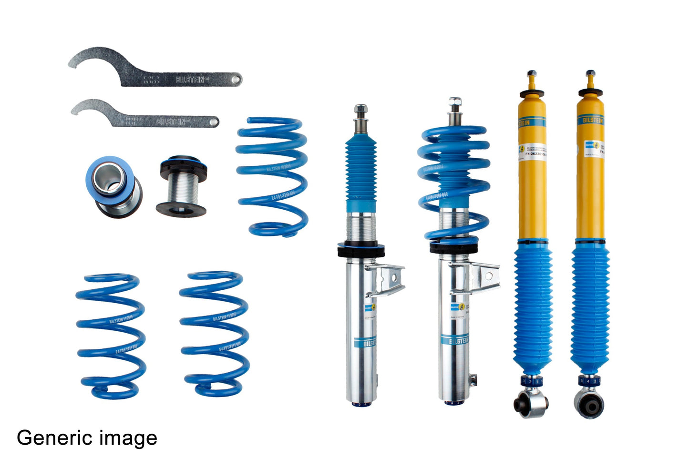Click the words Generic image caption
point(87,438)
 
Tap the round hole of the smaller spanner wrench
point(213,122)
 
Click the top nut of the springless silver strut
point(360,110)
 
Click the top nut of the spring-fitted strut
point(454,102)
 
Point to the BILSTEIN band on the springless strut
point(365,342)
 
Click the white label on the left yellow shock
point(533,151)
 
